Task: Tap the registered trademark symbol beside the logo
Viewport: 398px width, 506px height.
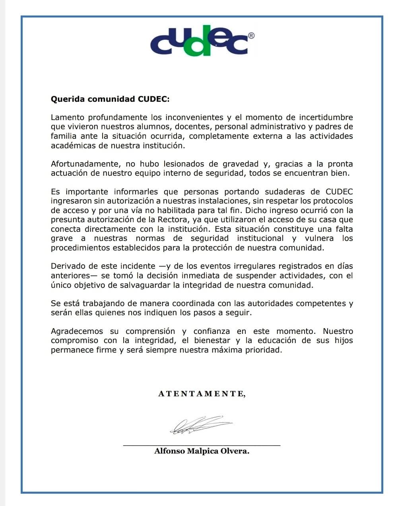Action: (x=251, y=36)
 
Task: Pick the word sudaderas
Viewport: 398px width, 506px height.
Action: (x=286, y=192)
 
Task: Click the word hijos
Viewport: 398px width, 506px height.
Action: (x=344, y=341)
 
